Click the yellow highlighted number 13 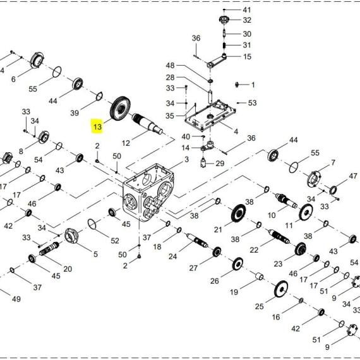97,126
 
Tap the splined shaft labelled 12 147,124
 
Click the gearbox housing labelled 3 148,193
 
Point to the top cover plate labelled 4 210,116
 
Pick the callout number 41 247,10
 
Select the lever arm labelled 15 217,61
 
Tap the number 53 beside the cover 252,103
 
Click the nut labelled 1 237,85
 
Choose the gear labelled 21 238,213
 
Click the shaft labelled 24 197,241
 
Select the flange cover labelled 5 71,236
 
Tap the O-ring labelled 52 92,224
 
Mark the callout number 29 220,164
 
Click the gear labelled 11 306,212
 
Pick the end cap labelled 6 37,61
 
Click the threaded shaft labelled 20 49,249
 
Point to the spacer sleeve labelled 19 260,276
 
